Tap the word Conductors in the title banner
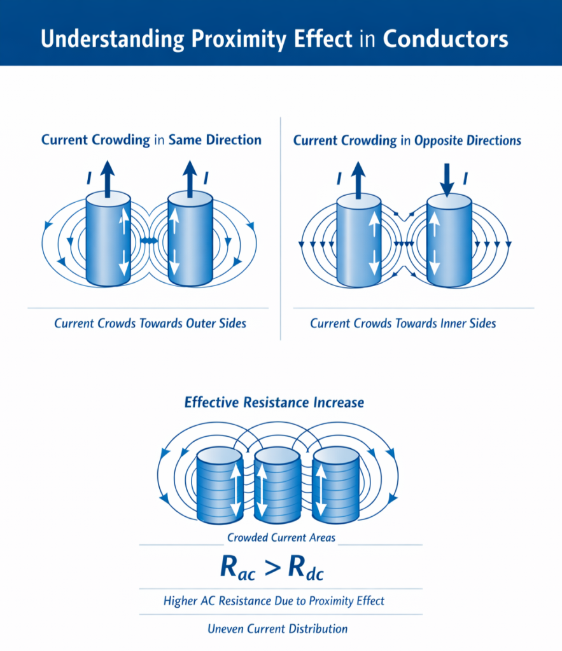click(445, 39)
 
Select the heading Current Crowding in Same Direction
click(151, 140)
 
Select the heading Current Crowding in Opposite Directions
click(407, 140)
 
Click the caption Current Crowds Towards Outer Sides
click(150, 324)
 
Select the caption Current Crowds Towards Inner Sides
click(403, 324)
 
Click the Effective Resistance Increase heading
click(274, 402)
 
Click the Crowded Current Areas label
click(281, 538)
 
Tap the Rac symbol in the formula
click(238, 569)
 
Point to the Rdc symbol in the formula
click(306, 569)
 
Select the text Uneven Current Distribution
click(277, 629)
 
